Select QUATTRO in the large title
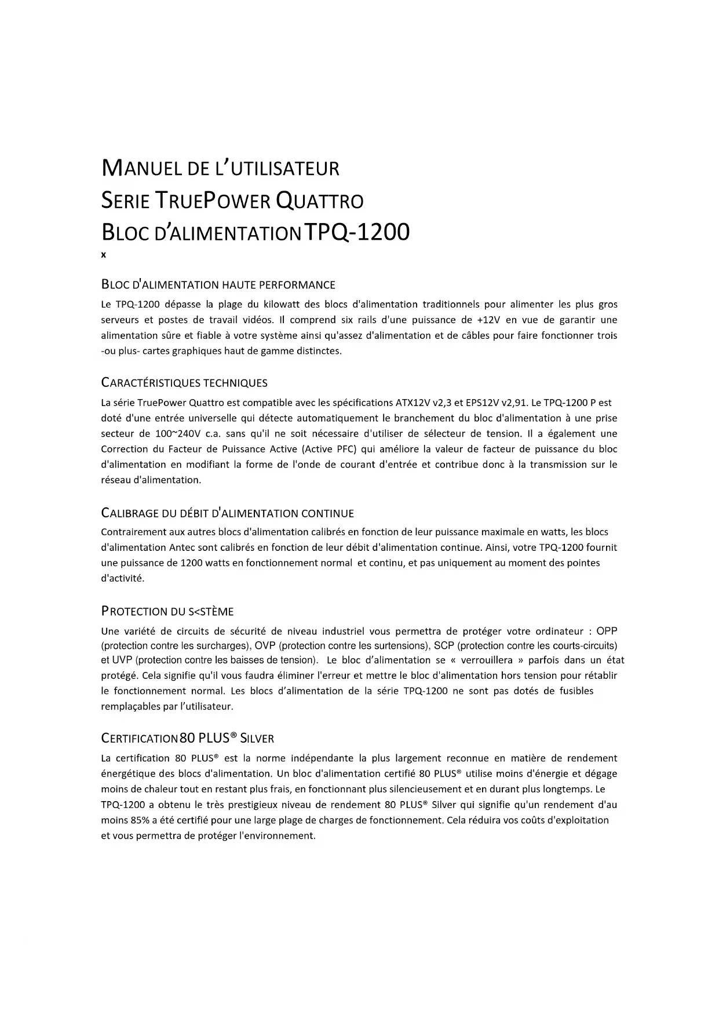pyautogui.click(x=319, y=201)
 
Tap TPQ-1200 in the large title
pyautogui.click(x=357, y=232)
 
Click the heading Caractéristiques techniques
pyautogui.click(x=184, y=383)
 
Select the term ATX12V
pyautogui.click(x=413, y=403)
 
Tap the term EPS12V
pyautogui.click(x=483, y=403)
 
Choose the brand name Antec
pyautogui.click(x=182, y=547)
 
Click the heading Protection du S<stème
pyautogui.click(x=167, y=612)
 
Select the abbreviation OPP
pyautogui.click(x=607, y=631)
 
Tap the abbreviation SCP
pyautogui.click(x=444, y=645)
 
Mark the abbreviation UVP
pyautogui.click(x=122, y=660)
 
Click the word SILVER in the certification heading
pyautogui.click(x=257, y=739)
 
